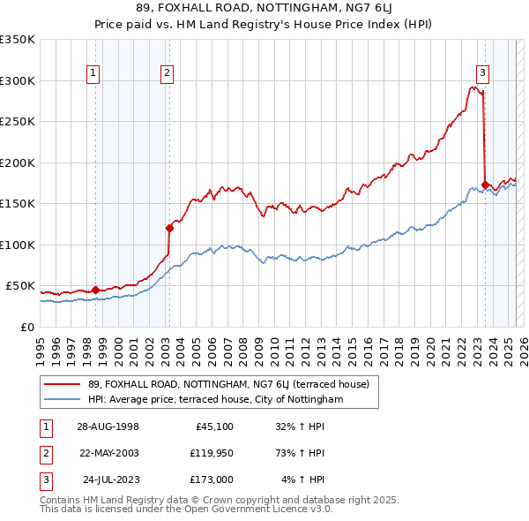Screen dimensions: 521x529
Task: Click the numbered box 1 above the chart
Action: [93, 73]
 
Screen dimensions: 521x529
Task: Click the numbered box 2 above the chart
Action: [167, 73]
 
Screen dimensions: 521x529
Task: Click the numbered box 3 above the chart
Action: [483, 73]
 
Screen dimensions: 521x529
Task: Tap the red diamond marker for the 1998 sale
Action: [95, 290]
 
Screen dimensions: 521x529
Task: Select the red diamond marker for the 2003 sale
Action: [169, 228]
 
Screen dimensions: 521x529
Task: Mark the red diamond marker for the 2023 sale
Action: [485, 185]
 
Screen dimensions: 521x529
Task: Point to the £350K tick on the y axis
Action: [18, 40]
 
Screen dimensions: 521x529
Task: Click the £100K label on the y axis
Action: [18, 245]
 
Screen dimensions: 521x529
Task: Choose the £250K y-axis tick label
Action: [18, 122]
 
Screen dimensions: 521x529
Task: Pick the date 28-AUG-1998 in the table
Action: [108, 426]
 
